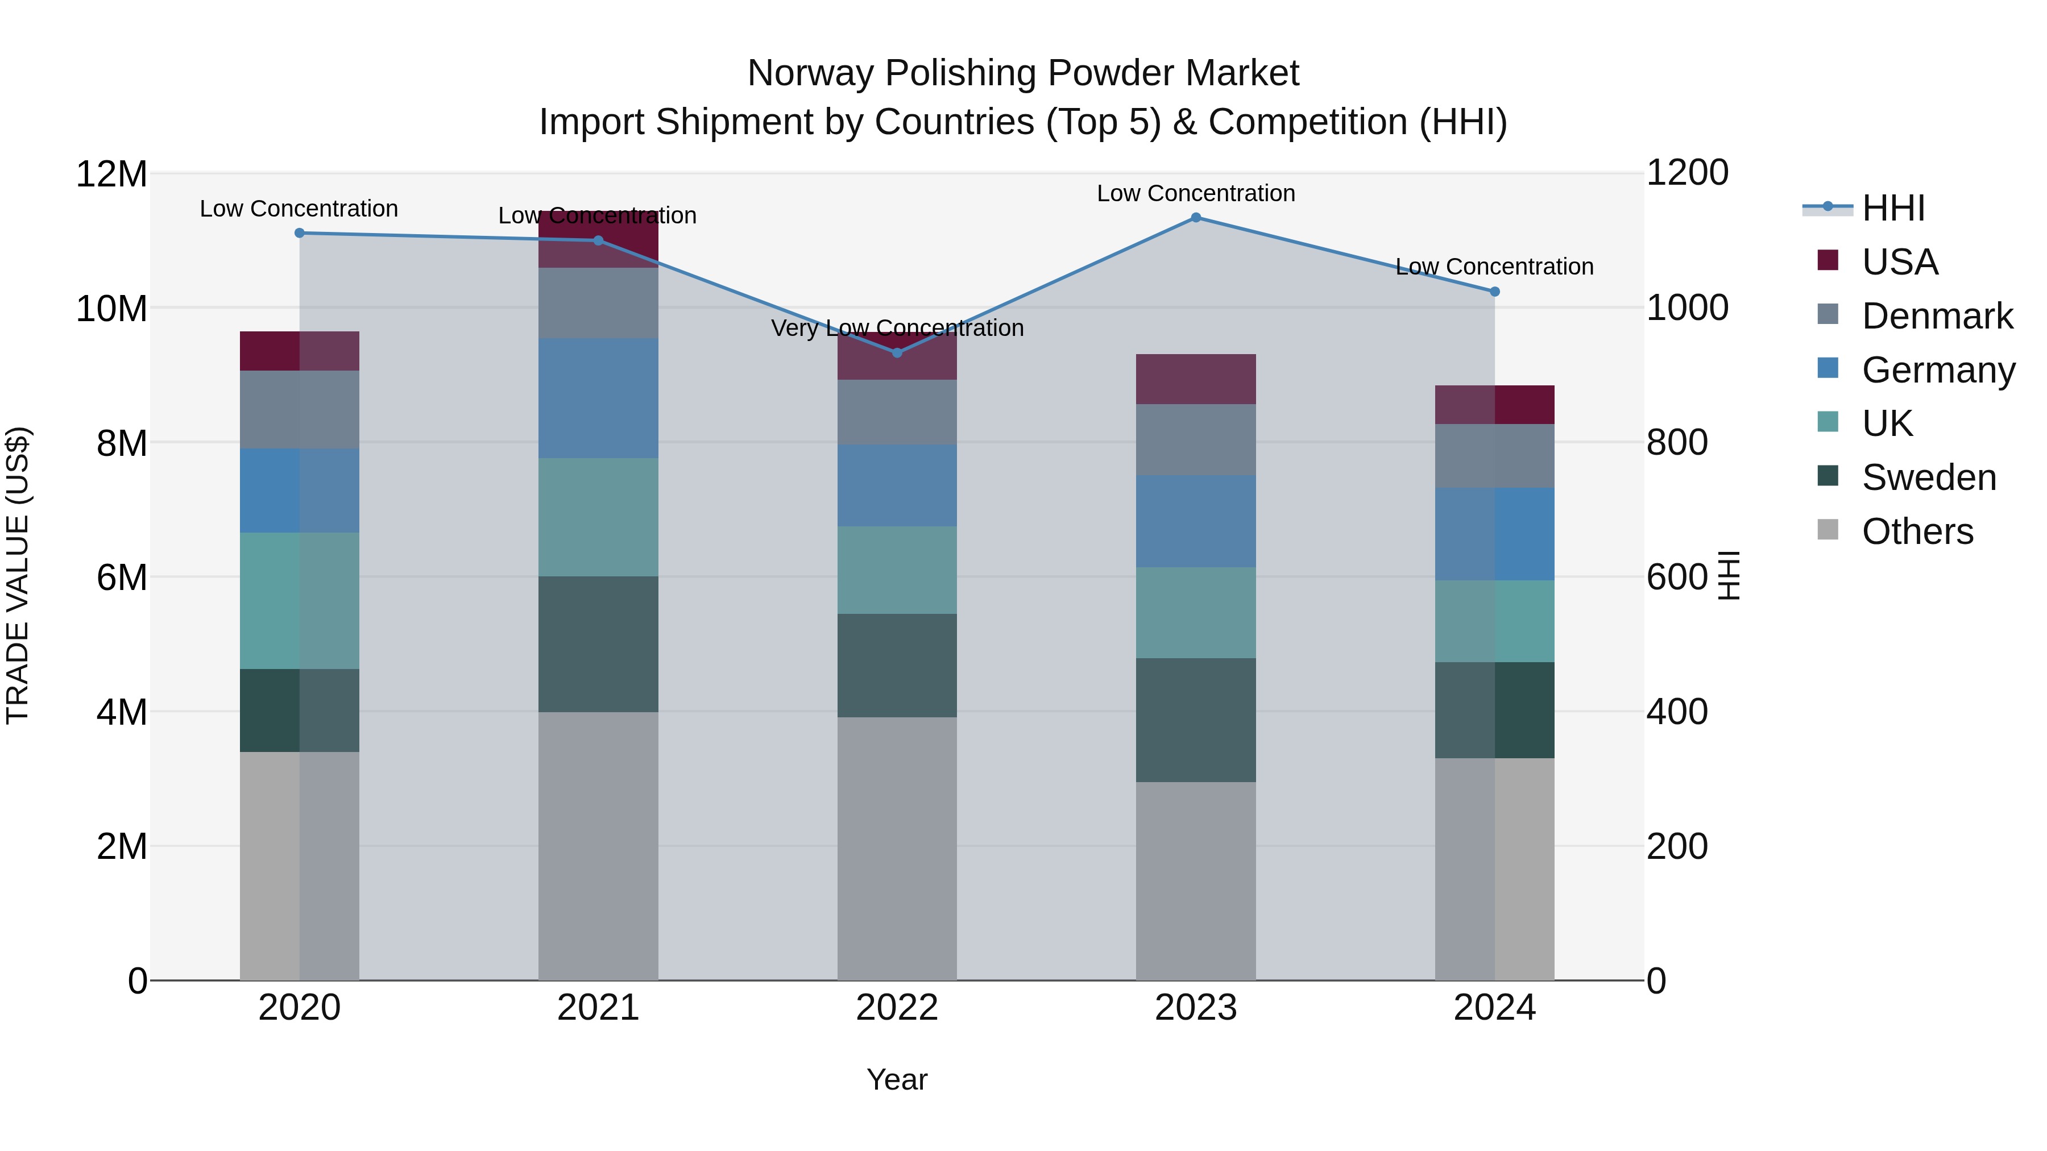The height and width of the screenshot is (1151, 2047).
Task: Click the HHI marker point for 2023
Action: pyautogui.click(x=1195, y=218)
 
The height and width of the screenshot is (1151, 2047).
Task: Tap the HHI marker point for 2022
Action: pyautogui.click(x=897, y=352)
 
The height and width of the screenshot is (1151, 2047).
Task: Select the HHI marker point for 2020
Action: pyautogui.click(x=300, y=232)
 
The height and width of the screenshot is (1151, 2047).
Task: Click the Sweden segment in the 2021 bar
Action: pyautogui.click(x=598, y=643)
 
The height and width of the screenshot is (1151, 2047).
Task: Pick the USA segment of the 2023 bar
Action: pyautogui.click(x=1195, y=379)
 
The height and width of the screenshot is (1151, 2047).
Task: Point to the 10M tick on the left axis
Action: pyautogui.click(x=111, y=308)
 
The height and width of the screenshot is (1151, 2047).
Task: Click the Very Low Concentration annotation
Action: pyautogui.click(x=897, y=328)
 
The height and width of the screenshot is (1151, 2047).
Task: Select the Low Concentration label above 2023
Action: pyautogui.click(x=1195, y=193)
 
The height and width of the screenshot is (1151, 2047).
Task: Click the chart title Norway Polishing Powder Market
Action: pyautogui.click(x=1023, y=73)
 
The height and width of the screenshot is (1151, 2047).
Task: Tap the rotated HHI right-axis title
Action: pyautogui.click(x=1729, y=575)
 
